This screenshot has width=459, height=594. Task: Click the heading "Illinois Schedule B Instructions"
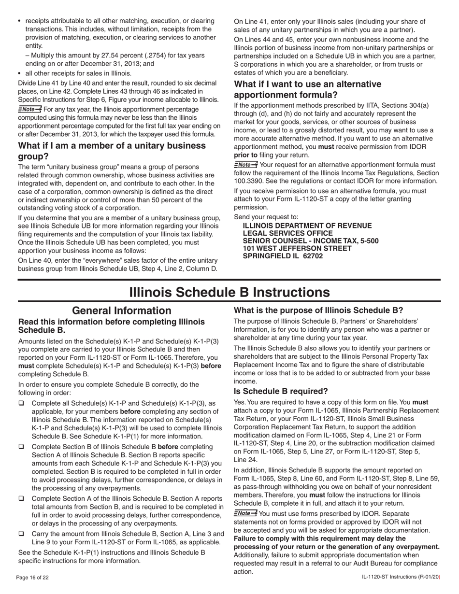click(x=229, y=293)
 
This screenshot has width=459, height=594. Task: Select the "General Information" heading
click(x=121, y=311)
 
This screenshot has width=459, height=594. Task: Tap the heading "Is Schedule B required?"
click(x=281, y=391)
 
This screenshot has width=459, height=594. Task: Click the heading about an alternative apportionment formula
click(x=307, y=89)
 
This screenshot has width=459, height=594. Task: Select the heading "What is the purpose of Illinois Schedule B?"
click(x=318, y=311)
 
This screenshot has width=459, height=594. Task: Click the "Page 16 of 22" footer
click(x=32, y=578)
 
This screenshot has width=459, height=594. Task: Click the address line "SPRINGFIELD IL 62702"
click(x=283, y=256)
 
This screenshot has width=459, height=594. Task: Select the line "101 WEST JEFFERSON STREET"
click(x=297, y=248)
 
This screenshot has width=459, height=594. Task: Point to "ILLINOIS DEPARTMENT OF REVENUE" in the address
click(x=307, y=226)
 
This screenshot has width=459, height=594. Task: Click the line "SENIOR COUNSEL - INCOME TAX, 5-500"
click(x=311, y=240)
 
